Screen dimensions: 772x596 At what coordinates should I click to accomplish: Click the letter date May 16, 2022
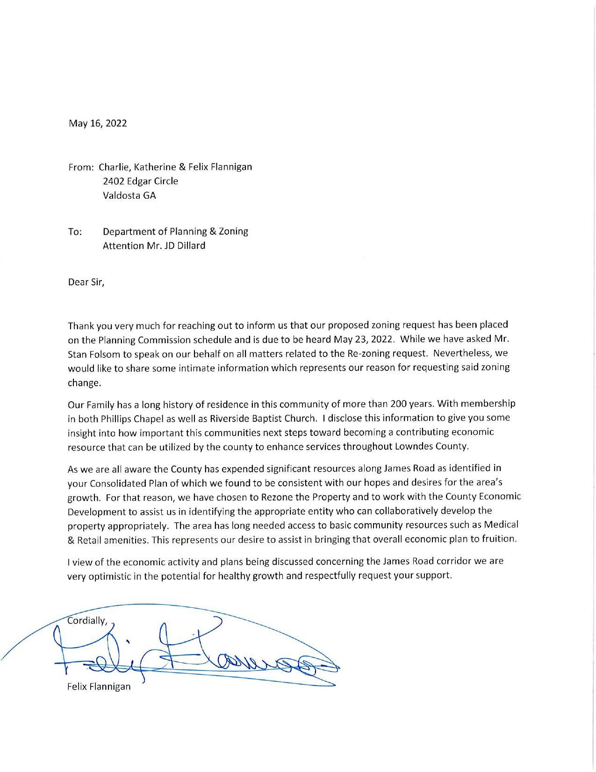pos(98,123)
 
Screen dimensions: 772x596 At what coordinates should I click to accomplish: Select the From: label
pos(82,167)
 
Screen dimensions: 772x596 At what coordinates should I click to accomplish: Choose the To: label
pos(75,231)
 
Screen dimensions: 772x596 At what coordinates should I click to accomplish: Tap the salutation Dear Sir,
pos(86,282)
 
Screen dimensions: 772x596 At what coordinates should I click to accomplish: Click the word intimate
pos(212,368)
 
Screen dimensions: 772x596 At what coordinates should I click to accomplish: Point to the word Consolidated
pos(115,482)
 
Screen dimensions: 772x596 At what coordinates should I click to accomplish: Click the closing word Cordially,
pos(88,621)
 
